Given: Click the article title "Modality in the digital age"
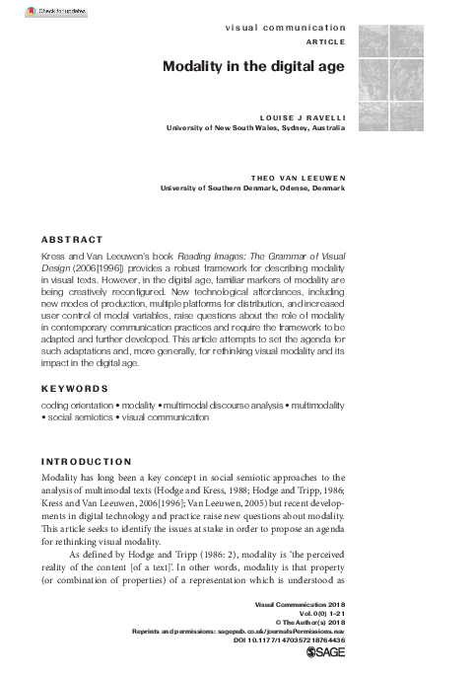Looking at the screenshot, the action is (x=254, y=67).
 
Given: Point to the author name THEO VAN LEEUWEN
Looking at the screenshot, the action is (x=293, y=178).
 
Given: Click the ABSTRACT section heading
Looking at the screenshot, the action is (x=72, y=240).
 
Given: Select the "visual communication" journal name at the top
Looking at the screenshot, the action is (x=286, y=28).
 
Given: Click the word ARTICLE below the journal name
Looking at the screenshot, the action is (x=326, y=42).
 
